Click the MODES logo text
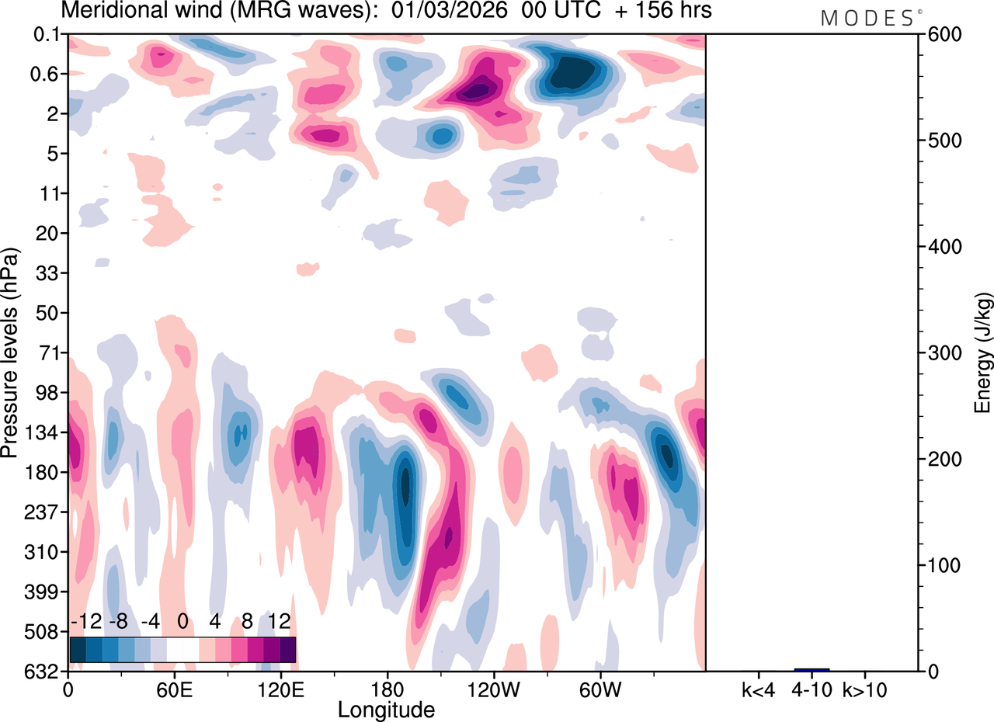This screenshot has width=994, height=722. point(867,18)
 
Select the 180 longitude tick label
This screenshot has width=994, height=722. point(386,689)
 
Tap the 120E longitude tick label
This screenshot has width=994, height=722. point(280,689)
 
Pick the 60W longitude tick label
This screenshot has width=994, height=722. point(599,689)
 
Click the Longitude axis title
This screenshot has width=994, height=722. point(386,709)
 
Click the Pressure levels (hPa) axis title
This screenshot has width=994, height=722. point(10,353)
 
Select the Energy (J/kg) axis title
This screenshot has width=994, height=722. point(982,353)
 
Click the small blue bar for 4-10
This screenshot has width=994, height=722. point(812,669)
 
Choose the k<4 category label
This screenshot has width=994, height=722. point(757,689)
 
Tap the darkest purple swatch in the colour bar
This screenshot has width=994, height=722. point(287,649)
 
